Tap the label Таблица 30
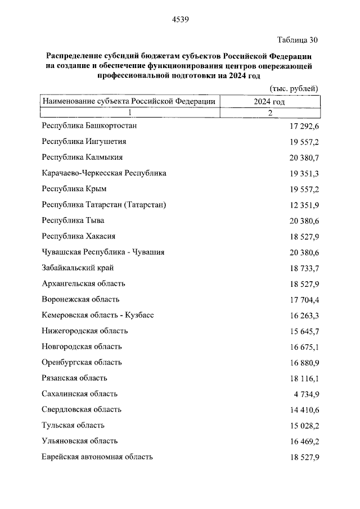(298, 40)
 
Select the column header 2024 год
(269, 102)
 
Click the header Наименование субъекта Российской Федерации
(129, 102)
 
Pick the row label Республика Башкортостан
(89, 125)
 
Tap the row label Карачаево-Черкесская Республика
(104, 173)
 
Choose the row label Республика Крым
(74, 189)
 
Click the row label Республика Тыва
(73, 220)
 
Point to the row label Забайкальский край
(78, 268)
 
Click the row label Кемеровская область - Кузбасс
(97, 315)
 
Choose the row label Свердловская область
(82, 409)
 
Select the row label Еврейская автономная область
(97, 457)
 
